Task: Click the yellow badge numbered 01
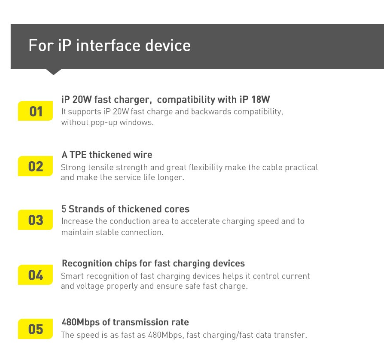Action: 35,111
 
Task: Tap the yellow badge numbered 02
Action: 35,166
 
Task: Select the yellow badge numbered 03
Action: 35,220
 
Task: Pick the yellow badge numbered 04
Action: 35,275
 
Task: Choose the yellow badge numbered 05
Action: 35,329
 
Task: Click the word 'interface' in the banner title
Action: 108,46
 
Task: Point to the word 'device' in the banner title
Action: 168,46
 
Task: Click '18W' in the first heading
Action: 260,99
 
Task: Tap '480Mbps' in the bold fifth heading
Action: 80,322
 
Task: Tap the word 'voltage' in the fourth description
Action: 90,286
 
